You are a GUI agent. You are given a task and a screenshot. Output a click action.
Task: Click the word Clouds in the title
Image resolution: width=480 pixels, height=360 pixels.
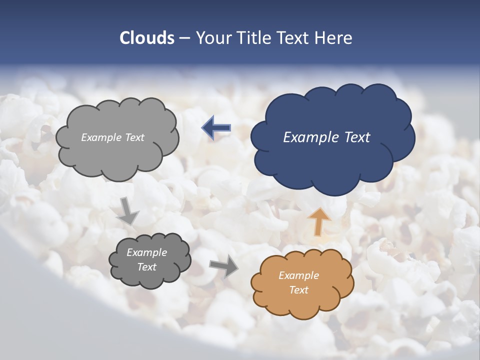[x=147, y=38]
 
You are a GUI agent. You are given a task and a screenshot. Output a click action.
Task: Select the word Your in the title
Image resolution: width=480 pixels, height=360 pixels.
[x=214, y=38]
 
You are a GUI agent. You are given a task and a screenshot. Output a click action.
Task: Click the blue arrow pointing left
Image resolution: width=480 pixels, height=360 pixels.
[x=216, y=128]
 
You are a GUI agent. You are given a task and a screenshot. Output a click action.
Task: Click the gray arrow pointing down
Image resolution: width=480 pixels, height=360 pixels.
[x=128, y=210]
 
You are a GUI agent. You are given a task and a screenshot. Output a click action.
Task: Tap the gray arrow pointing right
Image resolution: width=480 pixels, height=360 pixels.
[x=224, y=265]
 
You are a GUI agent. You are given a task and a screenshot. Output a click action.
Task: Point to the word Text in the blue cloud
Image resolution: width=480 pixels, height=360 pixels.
[x=357, y=137]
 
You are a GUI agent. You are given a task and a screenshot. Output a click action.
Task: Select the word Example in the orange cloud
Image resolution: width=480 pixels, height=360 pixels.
[x=298, y=275]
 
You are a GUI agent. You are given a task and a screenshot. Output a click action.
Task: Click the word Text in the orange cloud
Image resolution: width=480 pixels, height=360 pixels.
[x=298, y=290]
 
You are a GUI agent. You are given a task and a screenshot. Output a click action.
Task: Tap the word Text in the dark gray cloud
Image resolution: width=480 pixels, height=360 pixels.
[x=146, y=267]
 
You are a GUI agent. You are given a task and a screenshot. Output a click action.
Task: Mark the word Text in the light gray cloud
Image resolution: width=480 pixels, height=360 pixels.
[x=134, y=137]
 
